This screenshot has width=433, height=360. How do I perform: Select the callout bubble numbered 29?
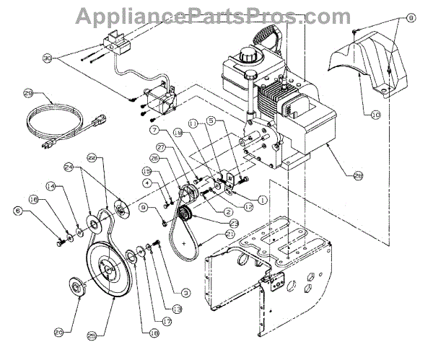[x=30, y=93]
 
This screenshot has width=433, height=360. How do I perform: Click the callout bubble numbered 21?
[x=209, y=235]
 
